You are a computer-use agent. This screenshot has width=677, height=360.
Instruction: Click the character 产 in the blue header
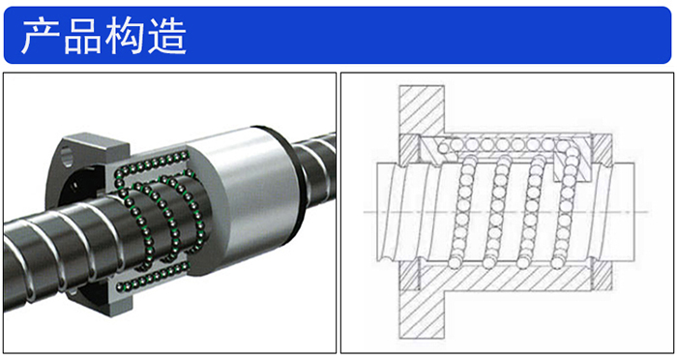(x=41, y=37)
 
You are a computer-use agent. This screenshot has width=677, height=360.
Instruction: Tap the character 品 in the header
(x=83, y=37)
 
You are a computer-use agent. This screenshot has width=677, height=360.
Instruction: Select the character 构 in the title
(x=124, y=37)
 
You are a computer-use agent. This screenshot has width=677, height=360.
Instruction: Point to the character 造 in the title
(x=166, y=37)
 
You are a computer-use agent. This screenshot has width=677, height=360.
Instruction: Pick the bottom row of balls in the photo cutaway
(x=152, y=277)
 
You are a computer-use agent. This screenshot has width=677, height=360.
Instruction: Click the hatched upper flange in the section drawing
(x=421, y=109)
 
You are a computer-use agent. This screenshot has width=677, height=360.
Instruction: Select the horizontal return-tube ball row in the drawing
(x=501, y=144)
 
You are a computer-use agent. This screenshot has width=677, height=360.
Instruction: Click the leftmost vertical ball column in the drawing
(x=460, y=212)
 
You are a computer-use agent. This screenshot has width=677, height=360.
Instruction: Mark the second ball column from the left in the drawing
(x=495, y=212)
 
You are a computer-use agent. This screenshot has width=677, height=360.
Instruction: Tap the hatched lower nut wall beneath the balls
(x=505, y=278)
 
